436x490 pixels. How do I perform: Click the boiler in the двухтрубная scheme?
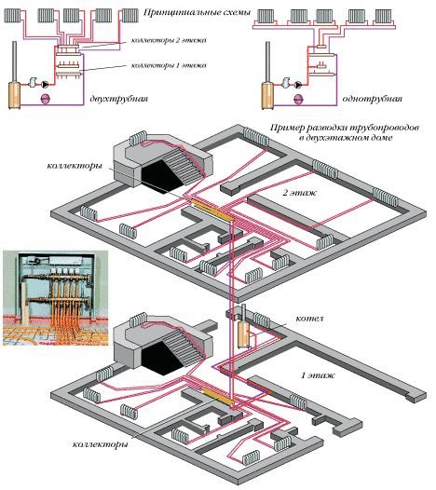(x=15, y=90)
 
